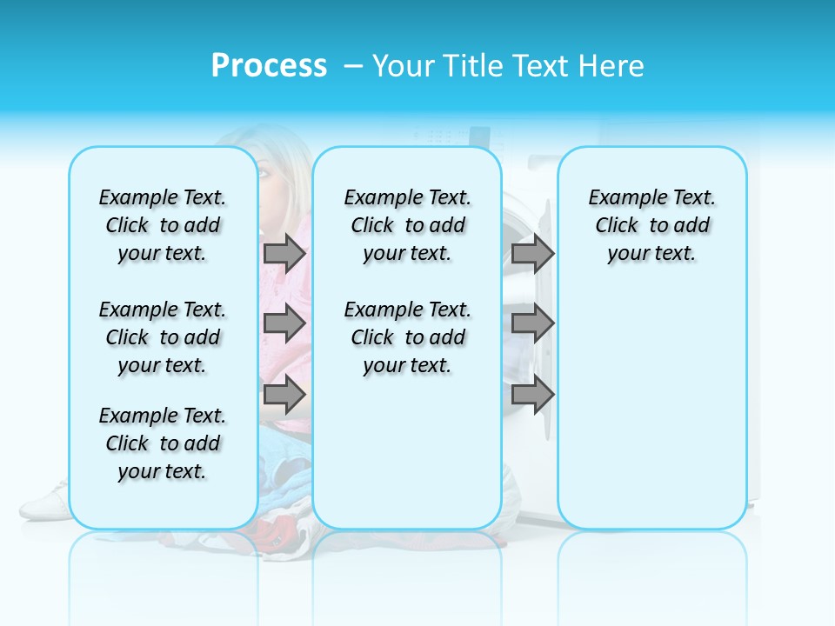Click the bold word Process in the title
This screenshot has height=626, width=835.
pyautogui.click(x=269, y=66)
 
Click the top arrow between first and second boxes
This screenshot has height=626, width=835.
pyautogui.click(x=284, y=253)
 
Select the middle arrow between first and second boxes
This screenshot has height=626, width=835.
pyautogui.click(x=284, y=323)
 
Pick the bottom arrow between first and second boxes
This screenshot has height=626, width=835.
pyautogui.click(x=284, y=395)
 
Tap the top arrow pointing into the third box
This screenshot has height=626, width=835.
pyautogui.click(x=532, y=253)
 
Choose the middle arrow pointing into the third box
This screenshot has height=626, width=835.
pyautogui.click(x=532, y=323)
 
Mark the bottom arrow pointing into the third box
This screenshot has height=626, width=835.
pyautogui.click(x=532, y=395)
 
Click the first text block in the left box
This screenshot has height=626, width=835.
pyautogui.click(x=163, y=225)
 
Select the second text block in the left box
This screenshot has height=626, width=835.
pyautogui.click(x=163, y=337)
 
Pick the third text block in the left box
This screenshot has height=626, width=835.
pyautogui.click(x=163, y=443)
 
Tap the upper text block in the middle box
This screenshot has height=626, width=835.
pyautogui.click(x=407, y=225)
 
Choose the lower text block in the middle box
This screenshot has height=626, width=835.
pyautogui.click(x=407, y=337)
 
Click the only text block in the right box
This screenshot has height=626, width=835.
pyautogui.click(x=651, y=225)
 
